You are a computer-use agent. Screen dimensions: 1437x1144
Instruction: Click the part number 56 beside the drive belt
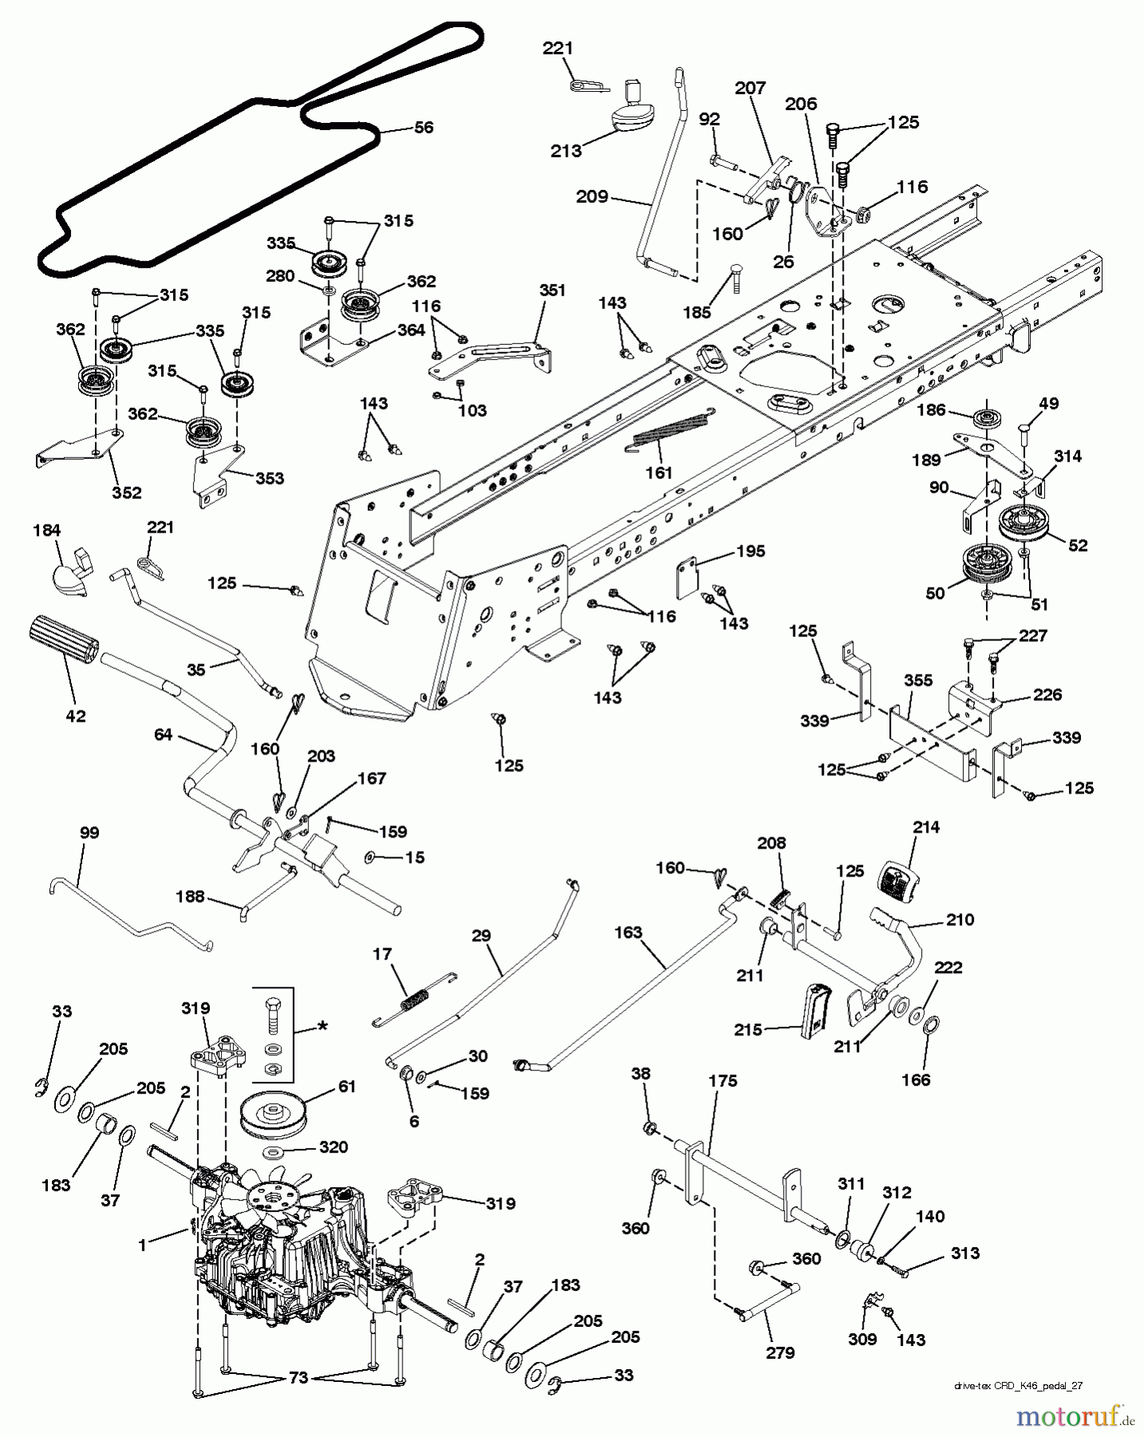(x=424, y=128)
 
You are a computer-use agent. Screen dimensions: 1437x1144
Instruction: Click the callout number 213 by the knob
(x=566, y=151)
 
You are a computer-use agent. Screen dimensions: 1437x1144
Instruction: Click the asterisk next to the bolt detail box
(x=323, y=1024)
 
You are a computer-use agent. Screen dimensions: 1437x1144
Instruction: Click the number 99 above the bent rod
(x=89, y=833)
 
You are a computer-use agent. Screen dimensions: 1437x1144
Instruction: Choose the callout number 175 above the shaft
(x=722, y=1081)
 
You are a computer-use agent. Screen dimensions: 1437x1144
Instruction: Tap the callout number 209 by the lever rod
(x=592, y=196)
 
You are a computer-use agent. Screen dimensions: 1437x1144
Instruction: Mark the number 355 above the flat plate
(x=918, y=681)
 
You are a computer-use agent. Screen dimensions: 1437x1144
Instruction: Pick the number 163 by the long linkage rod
(x=628, y=932)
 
